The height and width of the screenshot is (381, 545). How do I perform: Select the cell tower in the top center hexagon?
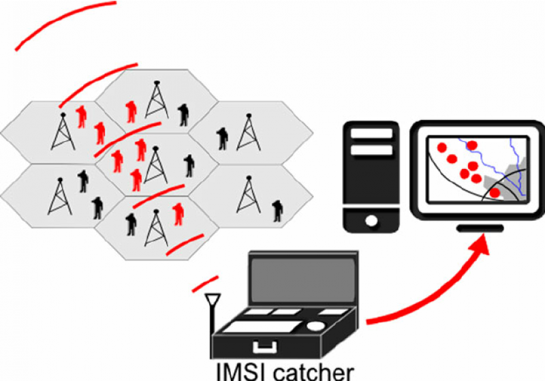click(x=157, y=100)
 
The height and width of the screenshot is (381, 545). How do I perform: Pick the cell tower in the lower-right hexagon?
click(x=247, y=194)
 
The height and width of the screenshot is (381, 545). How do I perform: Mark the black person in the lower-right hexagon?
click(x=277, y=210)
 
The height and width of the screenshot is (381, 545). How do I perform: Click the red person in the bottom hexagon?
click(x=178, y=213)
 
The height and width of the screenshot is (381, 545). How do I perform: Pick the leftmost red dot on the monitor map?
click(x=441, y=146)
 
